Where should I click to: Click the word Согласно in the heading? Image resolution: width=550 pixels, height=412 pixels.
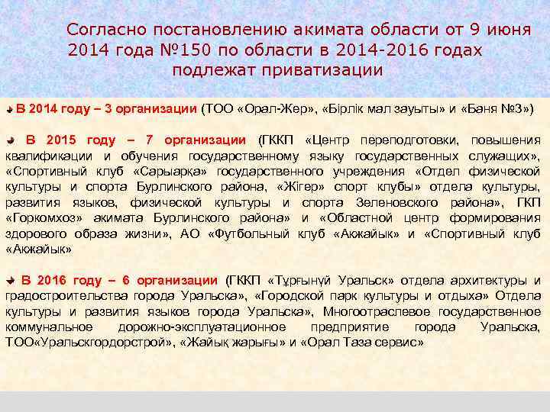point(103,31)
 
